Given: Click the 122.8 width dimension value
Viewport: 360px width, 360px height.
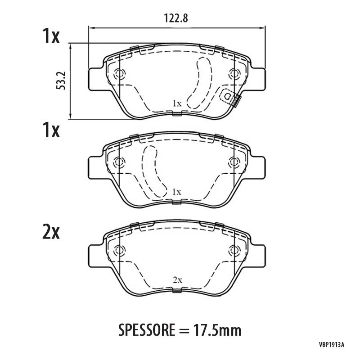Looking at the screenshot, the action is tap(176, 18).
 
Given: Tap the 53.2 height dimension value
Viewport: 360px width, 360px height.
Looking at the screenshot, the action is tap(61, 81).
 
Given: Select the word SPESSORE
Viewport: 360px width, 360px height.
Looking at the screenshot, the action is tap(147, 330).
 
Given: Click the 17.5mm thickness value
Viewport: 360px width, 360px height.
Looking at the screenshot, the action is tap(217, 330).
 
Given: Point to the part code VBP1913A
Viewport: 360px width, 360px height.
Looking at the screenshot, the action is tap(331, 351).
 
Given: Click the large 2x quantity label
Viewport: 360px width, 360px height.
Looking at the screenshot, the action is tap(51, 232).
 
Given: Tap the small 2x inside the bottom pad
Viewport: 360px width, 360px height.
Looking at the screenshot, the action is tap(177, 280).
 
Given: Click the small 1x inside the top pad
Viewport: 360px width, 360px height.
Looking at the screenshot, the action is tap(177, 104).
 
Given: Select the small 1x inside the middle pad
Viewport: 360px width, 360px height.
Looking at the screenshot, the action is tap(177, 192).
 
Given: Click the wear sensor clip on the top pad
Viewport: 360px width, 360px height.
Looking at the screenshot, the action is tap(230, 97).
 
